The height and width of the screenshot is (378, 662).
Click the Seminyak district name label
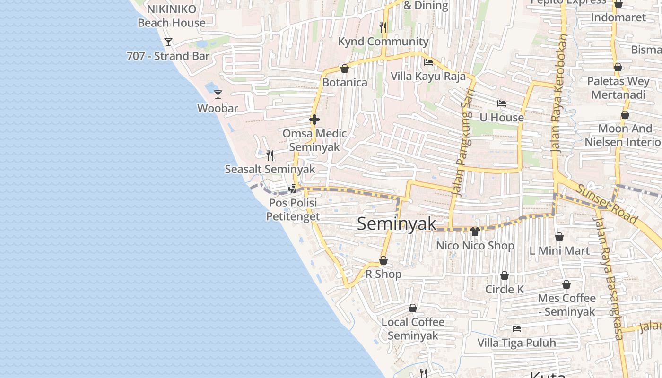tap(396, 223)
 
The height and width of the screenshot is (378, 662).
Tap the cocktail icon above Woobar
tap(218, 94)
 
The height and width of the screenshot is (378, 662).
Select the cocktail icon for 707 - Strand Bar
tap(168, 42)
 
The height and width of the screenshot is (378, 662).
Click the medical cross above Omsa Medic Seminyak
tap(314, 120)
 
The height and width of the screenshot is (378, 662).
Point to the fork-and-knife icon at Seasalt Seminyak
tap(270, 155)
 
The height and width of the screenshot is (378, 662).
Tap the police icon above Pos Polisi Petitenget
tap(293, 189)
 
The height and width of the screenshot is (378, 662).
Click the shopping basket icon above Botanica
tap(345, 69)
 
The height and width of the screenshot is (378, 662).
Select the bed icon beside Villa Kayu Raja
tap(428, 62)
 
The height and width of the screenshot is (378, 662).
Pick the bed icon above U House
tap(502, 103)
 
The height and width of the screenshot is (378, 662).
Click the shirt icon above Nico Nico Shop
tap(475, 232)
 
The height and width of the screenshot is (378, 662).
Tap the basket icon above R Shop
tap(383, 261)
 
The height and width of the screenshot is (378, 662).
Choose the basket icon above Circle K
tap(505, 275)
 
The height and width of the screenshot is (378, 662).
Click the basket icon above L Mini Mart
tap(559, 237)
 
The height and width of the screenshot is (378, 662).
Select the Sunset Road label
tap(607, 204)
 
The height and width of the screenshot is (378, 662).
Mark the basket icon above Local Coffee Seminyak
tap(413, 309)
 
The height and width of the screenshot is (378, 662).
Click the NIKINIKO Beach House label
tap(171, 16)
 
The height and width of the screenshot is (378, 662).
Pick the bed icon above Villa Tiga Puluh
tap(517, 329)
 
